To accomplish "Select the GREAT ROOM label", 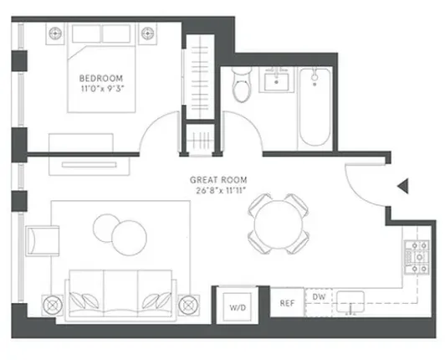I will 217,178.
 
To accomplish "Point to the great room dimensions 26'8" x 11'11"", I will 217,189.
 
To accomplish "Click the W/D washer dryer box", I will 237,307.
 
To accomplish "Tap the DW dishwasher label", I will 319,297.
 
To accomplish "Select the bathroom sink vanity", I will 275,81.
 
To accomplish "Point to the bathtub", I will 315,105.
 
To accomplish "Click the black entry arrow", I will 402,186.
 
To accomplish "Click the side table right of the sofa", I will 190,303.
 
